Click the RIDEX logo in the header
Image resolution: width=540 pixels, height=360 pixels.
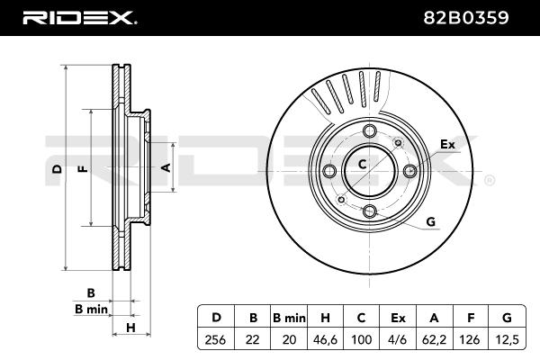(x=79, y=18)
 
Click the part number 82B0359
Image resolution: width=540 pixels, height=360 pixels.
(x=465, y=18)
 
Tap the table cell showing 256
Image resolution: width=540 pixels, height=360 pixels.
(x=216, y=340)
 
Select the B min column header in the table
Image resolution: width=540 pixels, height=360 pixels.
(x=289, y=318)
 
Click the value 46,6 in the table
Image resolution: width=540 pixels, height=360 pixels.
(x=325, y=340)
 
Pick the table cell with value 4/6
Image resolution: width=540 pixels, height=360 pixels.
(x=398, y=340)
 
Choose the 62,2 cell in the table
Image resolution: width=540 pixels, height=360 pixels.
(x=434, y=340)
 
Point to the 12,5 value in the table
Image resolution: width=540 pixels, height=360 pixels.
(x=507, y=340)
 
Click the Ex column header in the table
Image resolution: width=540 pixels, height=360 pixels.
(x=398, y=318)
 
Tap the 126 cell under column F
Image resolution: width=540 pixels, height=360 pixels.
(x=470, y=340)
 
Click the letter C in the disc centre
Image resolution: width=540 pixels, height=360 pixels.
(x=362, y=165)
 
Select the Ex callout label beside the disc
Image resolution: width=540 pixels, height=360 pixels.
(x=447, y=144)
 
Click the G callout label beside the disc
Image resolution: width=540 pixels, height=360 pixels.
(x=431, y=221)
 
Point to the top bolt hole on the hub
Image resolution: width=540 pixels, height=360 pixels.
(x=370, y=130)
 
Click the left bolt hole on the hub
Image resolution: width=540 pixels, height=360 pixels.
(x=329, y=171)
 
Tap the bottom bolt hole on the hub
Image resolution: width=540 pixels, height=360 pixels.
(x=370, y=211)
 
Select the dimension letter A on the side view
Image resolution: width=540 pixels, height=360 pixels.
(x=166, y=167)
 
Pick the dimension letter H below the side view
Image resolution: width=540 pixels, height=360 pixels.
(x=130, y=328)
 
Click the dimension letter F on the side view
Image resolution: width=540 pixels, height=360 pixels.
(x=83, y=168)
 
